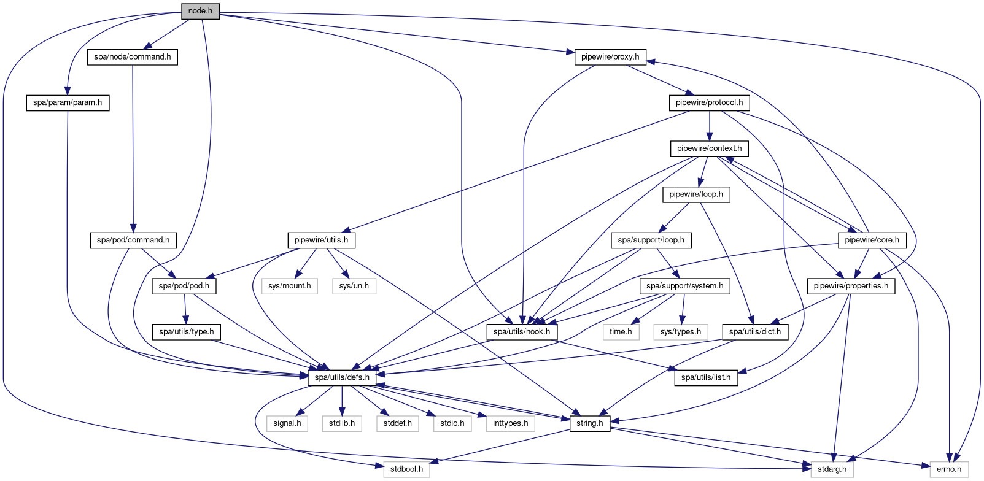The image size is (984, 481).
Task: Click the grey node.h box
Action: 200,11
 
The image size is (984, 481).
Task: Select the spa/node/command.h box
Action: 133,57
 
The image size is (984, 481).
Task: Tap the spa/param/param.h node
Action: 68,103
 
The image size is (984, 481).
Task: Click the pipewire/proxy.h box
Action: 610,57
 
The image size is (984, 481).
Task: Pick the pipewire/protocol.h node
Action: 709,103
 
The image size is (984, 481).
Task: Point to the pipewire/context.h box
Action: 709,148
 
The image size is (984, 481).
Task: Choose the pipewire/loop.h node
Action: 696,194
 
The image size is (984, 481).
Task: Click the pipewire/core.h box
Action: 872,240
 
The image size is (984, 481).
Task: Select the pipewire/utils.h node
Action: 321,240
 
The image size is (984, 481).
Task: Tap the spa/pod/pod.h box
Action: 184,286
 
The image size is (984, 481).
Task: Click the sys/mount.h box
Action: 290,286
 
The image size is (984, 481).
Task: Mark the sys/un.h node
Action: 354,286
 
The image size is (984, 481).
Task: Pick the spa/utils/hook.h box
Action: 522,332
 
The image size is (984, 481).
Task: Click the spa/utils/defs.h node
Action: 342,377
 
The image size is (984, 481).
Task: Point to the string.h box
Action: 590,423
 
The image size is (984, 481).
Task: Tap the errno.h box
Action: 949,469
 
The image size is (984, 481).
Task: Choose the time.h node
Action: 621,332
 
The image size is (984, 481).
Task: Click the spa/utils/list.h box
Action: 706,377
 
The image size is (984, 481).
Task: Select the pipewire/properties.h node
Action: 851,286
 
